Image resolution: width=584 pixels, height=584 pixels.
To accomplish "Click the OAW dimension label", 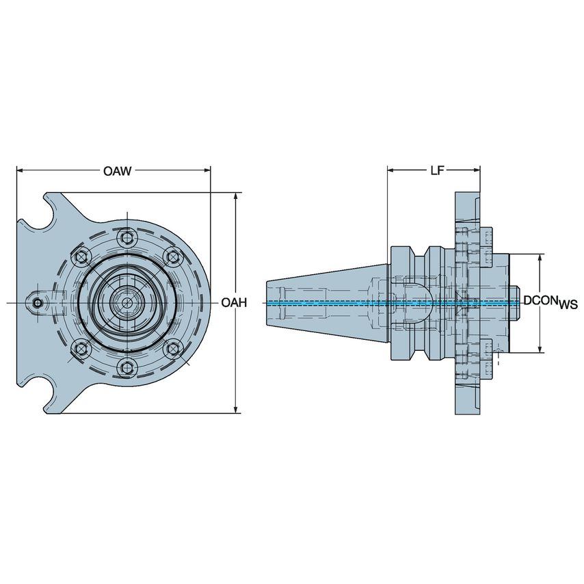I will [x=117, y=171].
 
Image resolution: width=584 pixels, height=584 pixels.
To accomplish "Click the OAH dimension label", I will [x=233, y=302].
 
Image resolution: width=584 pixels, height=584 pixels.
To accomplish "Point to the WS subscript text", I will [x=568, y=304].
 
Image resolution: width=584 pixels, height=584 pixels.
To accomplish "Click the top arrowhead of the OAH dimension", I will [x=237, y=196].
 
